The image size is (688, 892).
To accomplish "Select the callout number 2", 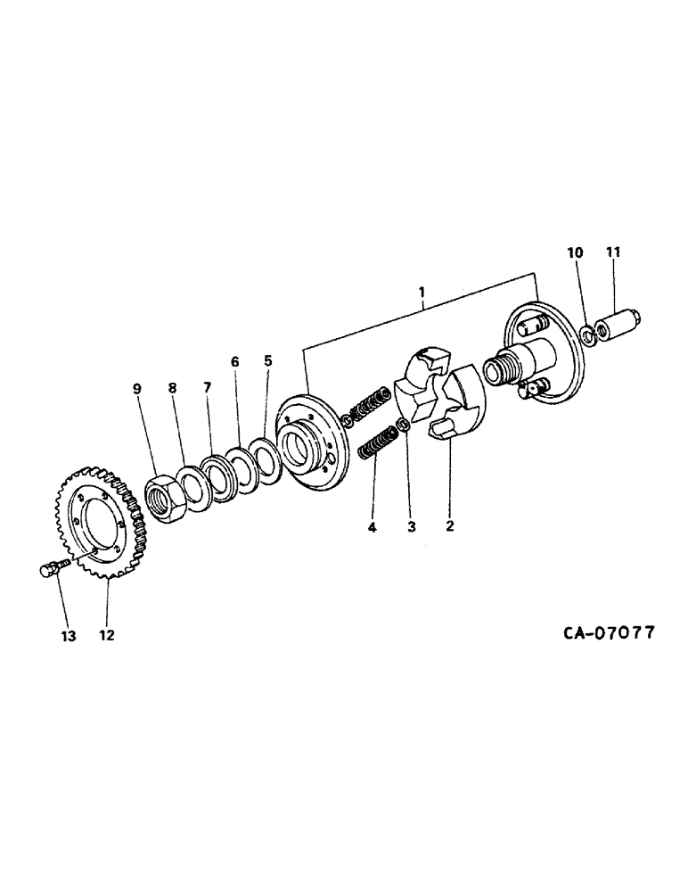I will [450, 526].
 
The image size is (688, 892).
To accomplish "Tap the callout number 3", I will [411, 526].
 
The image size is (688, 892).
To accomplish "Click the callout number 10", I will [576, 253].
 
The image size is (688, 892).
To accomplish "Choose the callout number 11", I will [613, 253].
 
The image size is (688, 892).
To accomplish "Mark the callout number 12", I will [107, 635].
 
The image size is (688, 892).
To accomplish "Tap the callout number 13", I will [69, 635].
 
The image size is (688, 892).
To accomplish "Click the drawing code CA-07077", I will [609, 633].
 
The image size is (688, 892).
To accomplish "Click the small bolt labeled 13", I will [52, 567].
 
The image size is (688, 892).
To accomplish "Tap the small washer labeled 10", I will [588, 335].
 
